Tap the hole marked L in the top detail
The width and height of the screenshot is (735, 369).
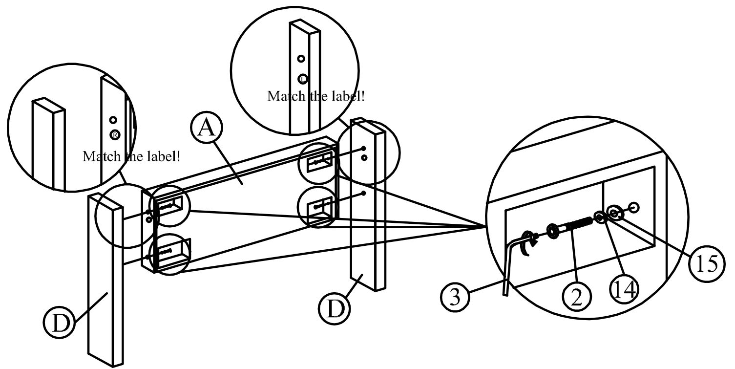(x=303, y=78)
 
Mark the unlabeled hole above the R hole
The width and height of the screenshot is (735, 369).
(x=113, y=120)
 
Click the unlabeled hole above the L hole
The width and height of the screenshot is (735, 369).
(x=301, y=59)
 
